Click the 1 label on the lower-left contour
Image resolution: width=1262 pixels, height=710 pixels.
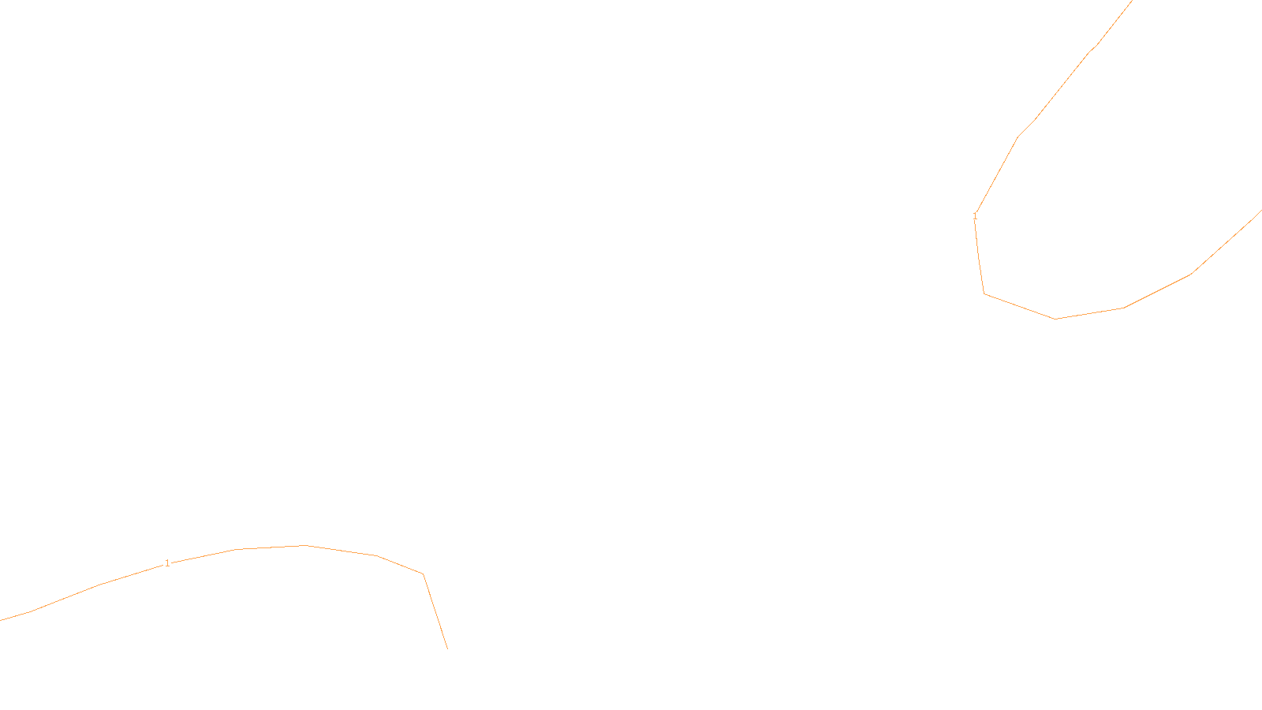click(x=167, y=563)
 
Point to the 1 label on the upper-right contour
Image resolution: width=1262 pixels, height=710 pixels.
click(x=976, y=215)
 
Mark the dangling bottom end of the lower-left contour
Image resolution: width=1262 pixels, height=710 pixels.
click(x=447, y=648)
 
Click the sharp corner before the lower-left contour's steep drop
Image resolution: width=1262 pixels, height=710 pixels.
click(x=424, y=574)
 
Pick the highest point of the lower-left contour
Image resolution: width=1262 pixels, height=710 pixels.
click(x=304, y=545)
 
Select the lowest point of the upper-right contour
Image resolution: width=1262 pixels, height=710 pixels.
click(x=1055, y=319)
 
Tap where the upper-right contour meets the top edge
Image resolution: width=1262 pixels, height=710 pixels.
click(x=1133, y=1)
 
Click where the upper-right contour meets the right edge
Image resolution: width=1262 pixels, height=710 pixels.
click(x=1260, y=211)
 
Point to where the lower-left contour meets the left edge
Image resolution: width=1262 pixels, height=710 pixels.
click(x=1, y=620)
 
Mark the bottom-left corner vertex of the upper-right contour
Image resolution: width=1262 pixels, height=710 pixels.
click(x=984, y=293)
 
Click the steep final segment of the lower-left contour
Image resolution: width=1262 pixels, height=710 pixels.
click(x=435, y=611)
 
